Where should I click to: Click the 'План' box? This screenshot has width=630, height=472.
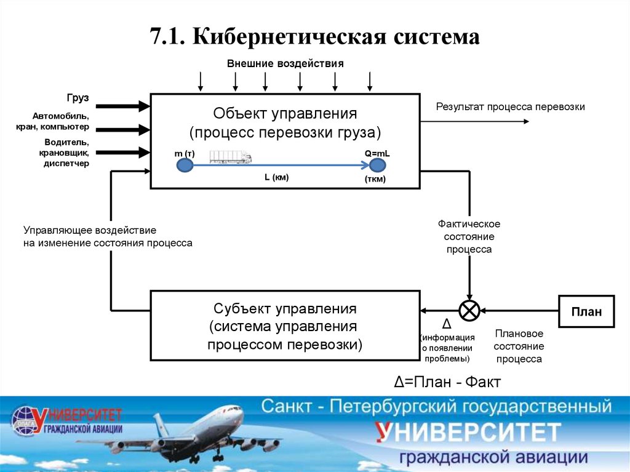[586, 311]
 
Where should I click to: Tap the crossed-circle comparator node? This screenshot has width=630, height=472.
[470, 310]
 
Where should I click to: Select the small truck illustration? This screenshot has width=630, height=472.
[230, 158]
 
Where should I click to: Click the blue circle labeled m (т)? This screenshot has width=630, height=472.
[184, 165]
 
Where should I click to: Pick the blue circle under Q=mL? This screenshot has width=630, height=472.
[377, 165]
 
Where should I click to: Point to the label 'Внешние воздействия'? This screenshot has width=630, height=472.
[285, 63]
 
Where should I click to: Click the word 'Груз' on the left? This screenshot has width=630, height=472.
[78, 98]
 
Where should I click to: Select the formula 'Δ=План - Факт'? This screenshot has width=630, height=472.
[448, 382]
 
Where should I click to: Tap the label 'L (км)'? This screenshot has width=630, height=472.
[276, 177]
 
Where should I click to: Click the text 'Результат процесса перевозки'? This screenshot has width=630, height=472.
[510, 107]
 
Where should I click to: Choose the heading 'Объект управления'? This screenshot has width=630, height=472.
[285, 114]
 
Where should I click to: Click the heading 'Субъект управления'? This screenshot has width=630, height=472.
[285, 308]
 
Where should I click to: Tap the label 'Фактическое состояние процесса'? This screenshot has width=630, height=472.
[469, 237]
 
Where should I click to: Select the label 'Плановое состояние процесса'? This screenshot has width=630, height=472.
[519, 346]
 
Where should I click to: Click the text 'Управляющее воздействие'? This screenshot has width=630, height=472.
[90, 230]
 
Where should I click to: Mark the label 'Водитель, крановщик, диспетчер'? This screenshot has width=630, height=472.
[66, 153]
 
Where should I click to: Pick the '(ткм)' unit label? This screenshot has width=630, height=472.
[375, 180]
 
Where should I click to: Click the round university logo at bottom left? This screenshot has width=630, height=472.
[25, 420]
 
